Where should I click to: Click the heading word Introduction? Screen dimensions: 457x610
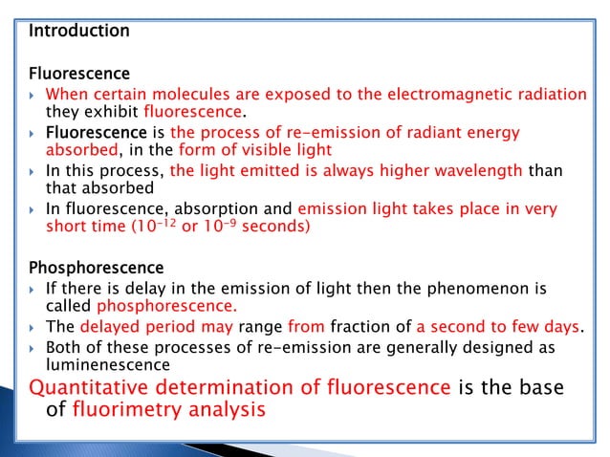78,31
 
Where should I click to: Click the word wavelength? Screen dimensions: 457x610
474,170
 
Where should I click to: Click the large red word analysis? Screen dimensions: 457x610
235,410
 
